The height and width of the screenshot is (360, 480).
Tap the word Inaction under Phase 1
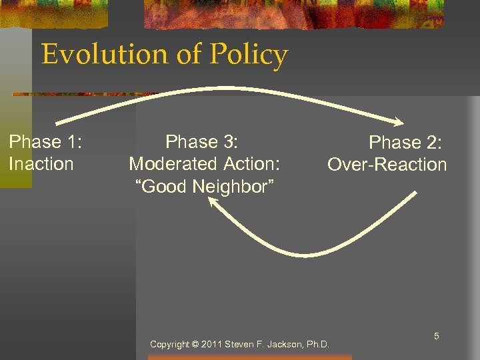(41, 163)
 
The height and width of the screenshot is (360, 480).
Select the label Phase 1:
(45, 141)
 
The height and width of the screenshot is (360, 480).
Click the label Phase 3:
(202, 141)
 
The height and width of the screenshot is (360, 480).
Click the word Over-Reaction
(387, 165)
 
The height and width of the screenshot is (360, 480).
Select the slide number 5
(437, 337)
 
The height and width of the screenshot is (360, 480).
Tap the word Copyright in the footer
(170, 345)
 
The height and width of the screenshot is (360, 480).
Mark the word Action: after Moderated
(251, 163)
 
